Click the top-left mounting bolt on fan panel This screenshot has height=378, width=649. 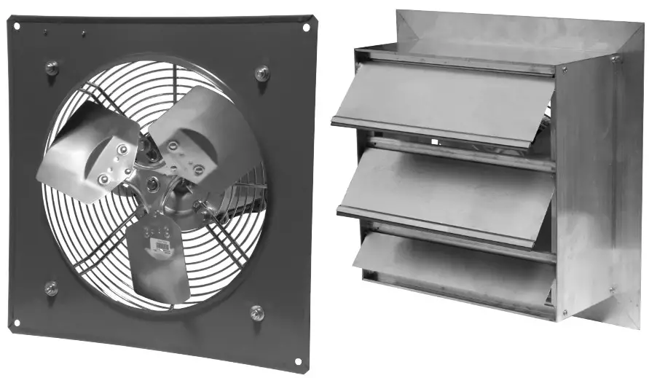[52, 68]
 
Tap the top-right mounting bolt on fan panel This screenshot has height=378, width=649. [262, 73]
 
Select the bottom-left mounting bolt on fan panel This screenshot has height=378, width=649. [51, 288]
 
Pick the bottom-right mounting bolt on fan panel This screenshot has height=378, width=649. [257, 312]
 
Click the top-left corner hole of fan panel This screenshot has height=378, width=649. [17, 26]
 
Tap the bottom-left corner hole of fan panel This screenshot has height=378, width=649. [17, 322]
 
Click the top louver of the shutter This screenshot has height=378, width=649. [444, 102]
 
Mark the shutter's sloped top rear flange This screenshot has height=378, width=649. [510, 33]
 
